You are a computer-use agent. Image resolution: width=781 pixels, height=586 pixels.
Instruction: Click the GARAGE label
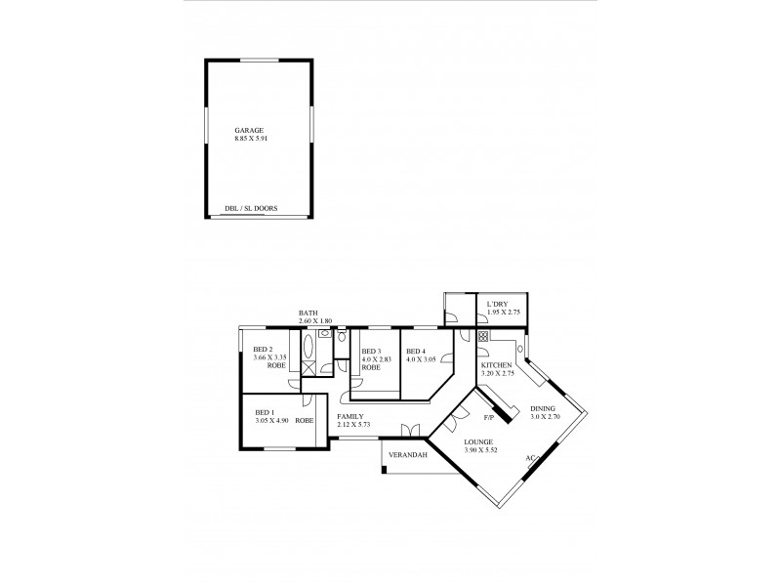[x=249, y=130]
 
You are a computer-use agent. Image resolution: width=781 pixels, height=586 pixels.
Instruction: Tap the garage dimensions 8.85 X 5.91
[x=252, y=139]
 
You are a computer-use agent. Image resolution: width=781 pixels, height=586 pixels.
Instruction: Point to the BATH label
[x=308, y=314]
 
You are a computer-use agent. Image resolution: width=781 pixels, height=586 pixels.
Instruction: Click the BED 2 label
[x=263, y=350]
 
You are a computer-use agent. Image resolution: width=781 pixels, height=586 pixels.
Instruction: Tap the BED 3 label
[x=371, y=352]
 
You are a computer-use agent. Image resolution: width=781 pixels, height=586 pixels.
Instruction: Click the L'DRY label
[x=497, y=305]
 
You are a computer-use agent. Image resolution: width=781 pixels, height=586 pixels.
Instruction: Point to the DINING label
[x=543, y=408]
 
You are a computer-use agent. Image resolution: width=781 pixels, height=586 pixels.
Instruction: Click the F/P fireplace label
[x=490, y=417]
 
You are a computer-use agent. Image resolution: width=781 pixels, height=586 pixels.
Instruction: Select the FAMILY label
[x=349, y=416]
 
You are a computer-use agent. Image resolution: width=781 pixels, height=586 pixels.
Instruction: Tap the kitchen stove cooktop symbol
[x=483, y=336]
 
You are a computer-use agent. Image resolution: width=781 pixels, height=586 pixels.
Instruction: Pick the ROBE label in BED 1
[x=305, y=421]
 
